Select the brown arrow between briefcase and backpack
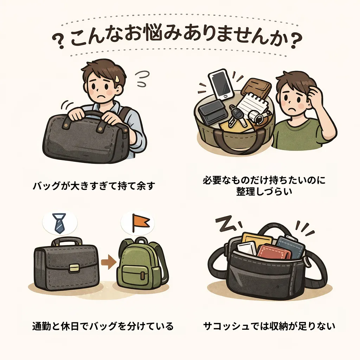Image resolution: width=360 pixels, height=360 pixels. coord(109,262)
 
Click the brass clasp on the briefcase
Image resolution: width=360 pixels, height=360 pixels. coord(75,268)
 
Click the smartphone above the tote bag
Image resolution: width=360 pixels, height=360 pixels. coord(221,84)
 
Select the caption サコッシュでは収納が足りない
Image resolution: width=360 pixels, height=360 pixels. coord(269,326)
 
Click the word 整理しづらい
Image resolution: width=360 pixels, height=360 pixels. coord(264,192)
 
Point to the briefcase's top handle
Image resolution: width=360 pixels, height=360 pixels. coord(67,242)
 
